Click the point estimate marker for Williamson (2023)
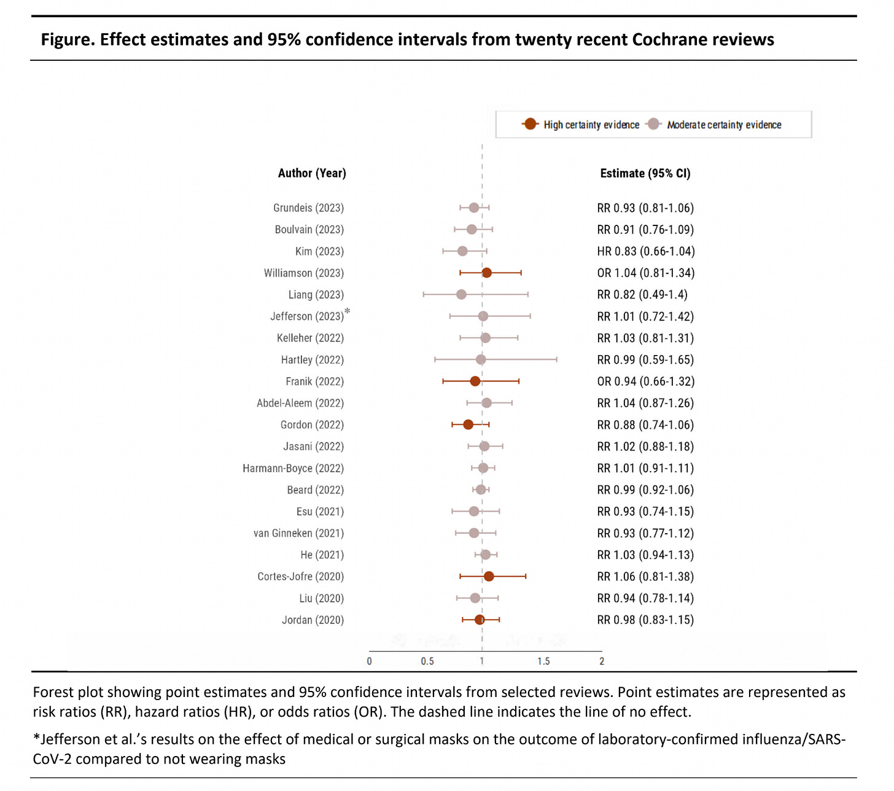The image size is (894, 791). pyautogui.click(x=486, y=273)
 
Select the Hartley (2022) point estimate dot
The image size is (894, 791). pyautogui.click(x=481, y=359)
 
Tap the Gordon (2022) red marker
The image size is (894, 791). pyautogui.click(x=468, y=424)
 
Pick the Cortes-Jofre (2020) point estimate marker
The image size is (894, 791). pyautogui.click(x=489, y=576)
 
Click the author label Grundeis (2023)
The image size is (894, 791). pyautogui.click(x=308, y=208)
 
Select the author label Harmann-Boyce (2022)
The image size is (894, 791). pyautogui.click(x=293, y=469)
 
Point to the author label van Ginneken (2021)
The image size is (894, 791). pyautogui.click(x=298, y=533)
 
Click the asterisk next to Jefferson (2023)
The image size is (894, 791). pyautogui.click(x=348, y=312)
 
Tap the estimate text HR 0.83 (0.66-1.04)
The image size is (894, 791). pyautogui.click(x=645, y=251)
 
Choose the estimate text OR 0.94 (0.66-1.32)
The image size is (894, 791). pyautogui.click(x=645, y=381)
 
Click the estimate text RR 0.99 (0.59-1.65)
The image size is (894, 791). pyautogui.click(x=645, y=360)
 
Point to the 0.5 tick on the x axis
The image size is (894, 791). pyautogui.click(x=427, y=661)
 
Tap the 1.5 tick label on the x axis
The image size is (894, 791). pyautogui.click(x=543, y=661)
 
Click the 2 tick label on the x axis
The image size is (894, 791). pyautogui.click(x=602, y=661)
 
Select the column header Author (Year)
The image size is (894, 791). pyautogui.click(x=312, y=173)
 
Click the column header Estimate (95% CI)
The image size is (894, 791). pyautogui.click(x=645, y=173)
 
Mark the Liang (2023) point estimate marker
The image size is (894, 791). pyautogui.click(x=461, y=295)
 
